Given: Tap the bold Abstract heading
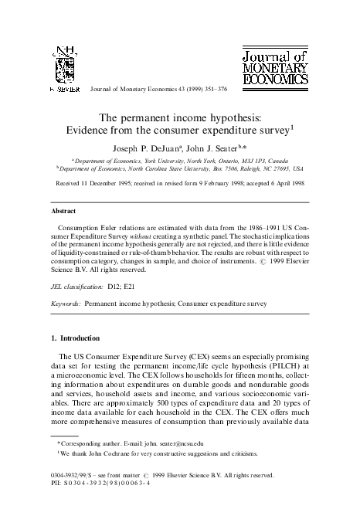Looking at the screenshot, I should tap(63, 210).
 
